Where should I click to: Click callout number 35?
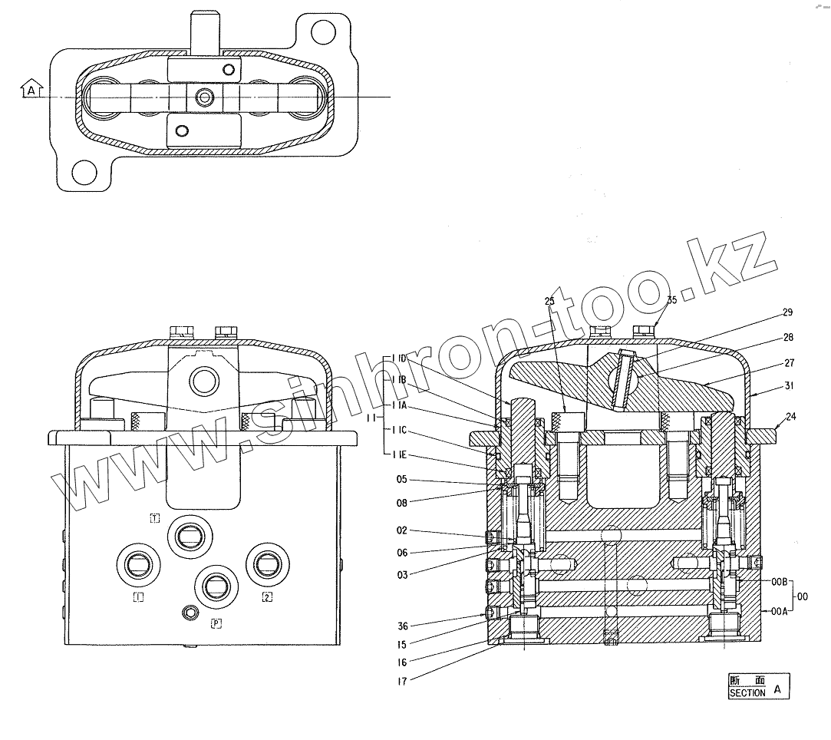671,300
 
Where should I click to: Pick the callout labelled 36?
402,625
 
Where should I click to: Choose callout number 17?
402,680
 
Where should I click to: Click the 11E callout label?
398,456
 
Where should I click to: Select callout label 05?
402,481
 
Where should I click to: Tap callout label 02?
402,530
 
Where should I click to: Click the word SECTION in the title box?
747,692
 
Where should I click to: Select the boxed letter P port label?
216,624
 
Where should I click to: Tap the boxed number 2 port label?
266,597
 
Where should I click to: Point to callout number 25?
549,302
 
